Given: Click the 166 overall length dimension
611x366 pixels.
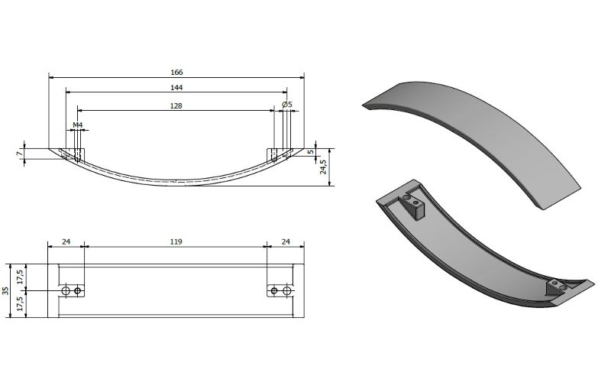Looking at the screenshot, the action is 176,72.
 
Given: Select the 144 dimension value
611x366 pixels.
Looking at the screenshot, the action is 176,87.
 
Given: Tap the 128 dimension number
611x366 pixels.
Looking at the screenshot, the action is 176,105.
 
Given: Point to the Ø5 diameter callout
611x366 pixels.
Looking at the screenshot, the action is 287,105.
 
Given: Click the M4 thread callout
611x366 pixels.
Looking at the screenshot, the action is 78,125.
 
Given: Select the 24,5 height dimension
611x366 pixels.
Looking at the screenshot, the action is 323,167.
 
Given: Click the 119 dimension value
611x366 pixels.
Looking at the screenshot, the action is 176,241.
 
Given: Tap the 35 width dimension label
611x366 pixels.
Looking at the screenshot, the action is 5,291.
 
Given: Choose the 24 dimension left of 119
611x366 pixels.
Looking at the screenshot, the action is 66,241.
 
